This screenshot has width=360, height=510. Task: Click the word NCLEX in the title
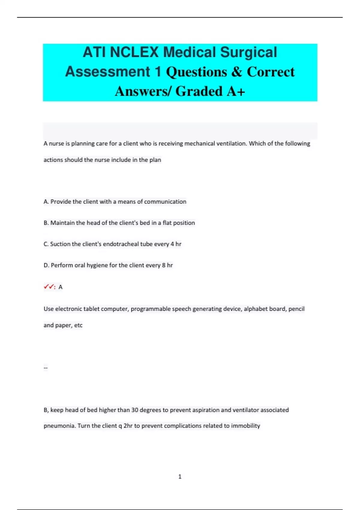point(134,52)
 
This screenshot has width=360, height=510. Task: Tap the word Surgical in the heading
point(249,52)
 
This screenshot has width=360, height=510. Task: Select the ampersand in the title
point(237,72)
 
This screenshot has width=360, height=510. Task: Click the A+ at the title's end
point(236,91)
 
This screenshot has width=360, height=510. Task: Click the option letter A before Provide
point(46,202)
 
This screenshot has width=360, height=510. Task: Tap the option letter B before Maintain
point(46,223)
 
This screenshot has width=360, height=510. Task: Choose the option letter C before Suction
point(46,244)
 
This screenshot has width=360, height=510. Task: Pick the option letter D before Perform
point(46,265)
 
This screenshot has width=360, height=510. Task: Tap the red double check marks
point(49,287)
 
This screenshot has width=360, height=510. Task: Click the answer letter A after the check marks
point(60,287)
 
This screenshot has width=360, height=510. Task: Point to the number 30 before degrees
point(135,410)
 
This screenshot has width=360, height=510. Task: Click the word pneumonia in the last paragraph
point(59,426)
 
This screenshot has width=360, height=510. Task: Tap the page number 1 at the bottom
point(180,477)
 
